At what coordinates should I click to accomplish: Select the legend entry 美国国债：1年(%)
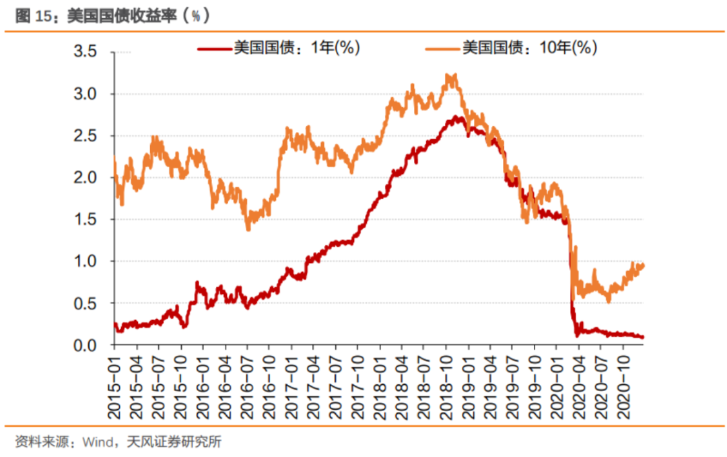coord(296,47)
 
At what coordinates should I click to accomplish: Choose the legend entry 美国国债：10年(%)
coord(529,47)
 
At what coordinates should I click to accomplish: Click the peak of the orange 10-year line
coord(451,76)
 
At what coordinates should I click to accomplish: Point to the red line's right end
coord(643,337)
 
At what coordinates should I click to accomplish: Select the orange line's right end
coord(643,266)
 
